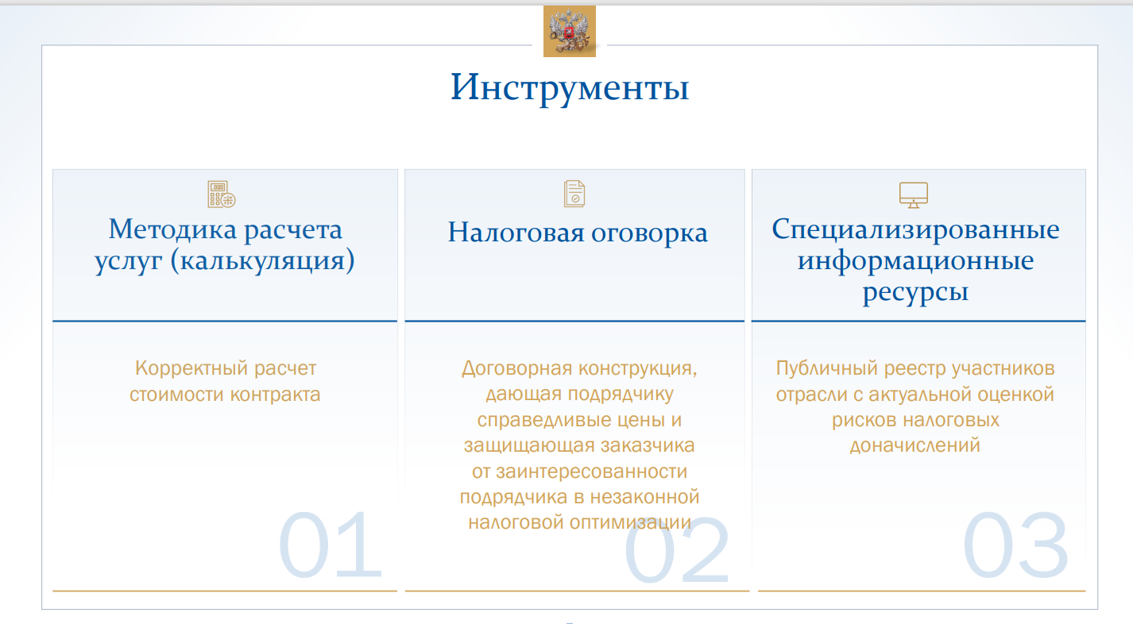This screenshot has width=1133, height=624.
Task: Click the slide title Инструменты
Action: pyautogui.click(x=570, y=88)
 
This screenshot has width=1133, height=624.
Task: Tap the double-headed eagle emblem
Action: pyautogui.click(x=570, y=31)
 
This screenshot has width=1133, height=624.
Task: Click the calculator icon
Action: pyautogui.click(x=222, y=194)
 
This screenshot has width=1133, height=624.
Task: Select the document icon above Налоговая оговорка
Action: pyautogui.click(x=574, y=194)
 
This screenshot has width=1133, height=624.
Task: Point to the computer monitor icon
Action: pyautogui.click(x=914, y=195)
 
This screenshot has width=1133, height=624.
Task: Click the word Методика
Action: pyautogui.click(x=172, y=230)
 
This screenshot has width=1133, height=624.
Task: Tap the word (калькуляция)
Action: pyautogui.click(x=262, y=260)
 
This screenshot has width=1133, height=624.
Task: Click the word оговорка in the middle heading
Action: pyautogui.click(x=649, y=233)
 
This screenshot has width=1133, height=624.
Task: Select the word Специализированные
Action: pyautogui.click(x=915, y=230)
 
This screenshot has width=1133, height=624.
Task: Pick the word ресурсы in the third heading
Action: pyautogui.click(x=915, y=292)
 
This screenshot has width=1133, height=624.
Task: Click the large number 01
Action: pyautogui.click(x=330, y=545)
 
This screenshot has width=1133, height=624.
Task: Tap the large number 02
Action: pyautogui.click(x=677, y=549)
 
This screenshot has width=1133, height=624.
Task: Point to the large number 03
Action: pyautogui.click(x=1015, y=545)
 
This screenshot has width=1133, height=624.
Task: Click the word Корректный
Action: pyautogui.click(x=191, y=369)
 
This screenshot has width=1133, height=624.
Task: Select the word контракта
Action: pyautogui.click(x=275, y=395)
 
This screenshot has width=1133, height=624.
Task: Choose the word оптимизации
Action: pyautogui.click(x=630, y=522)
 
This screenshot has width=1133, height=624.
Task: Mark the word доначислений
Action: pyautogui.click(x=915, y=445)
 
